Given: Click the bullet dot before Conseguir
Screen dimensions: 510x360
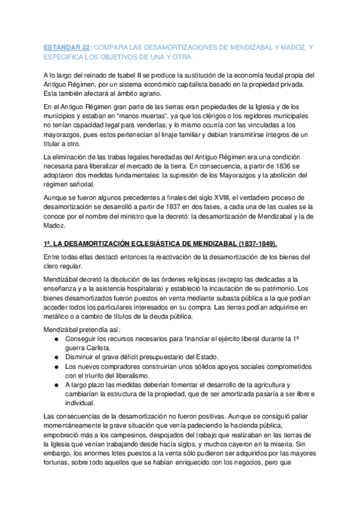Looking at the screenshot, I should pos(55,338).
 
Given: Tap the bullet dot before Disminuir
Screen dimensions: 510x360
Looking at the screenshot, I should pos(55,357).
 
